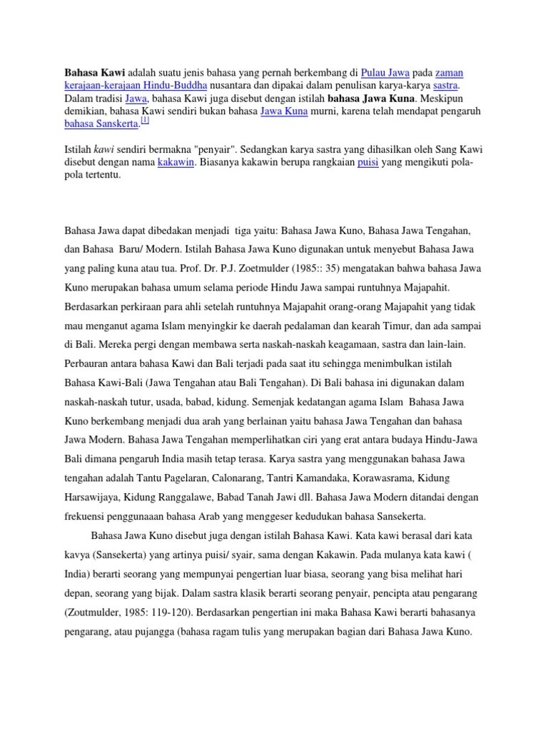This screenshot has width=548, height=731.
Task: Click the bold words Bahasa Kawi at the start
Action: [95, 73]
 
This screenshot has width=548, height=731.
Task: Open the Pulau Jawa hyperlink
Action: [385, 73]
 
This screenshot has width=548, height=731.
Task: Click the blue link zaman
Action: [449, 73]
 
